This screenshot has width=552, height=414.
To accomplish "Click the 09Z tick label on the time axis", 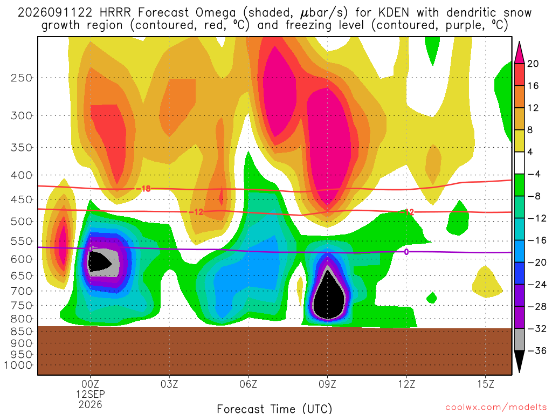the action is (x=327, y=384).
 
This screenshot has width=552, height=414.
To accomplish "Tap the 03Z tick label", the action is (x=169, y=384).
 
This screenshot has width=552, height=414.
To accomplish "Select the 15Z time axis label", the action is (x=486, y=384).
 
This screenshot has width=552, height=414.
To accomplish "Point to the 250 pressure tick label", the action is (x=22, y=78).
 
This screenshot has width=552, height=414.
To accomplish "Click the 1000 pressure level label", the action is (x=18, y=365).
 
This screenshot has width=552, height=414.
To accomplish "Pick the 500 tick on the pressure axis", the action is (x=22, y=222).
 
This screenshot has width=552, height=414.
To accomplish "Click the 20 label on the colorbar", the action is (x=533, y=64).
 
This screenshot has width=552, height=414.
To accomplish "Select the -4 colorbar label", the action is (x=534, y=174).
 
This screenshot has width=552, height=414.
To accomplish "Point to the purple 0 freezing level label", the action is (x=406, y=252).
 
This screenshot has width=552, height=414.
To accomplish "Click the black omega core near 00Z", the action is (x=98, y=263).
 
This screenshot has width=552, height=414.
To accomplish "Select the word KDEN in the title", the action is (x=394, y=13).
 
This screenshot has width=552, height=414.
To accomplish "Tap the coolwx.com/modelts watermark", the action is (x=496, y=408).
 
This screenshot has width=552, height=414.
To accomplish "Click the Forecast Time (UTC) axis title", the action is (x=274, y=409).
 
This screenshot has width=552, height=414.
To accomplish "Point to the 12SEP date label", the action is (x=91, y=394).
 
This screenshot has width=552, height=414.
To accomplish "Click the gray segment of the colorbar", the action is (x=519, y=340).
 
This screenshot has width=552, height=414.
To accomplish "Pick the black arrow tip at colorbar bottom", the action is (x=519, y=372).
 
